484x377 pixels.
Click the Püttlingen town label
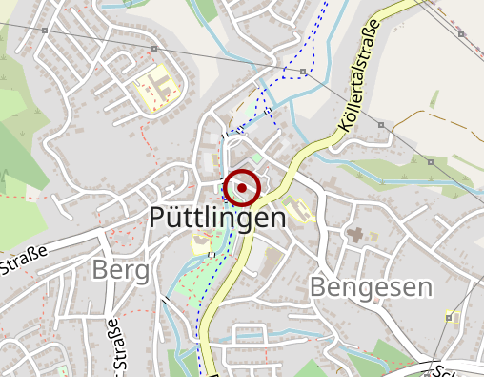[x=217, y=219]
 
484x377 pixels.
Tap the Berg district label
[x=121, y=271]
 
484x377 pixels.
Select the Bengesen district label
[x=372, y=287]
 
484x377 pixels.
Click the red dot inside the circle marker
[x=243, y=188]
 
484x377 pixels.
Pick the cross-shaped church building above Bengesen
[x=354, y=233]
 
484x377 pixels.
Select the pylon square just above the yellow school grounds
[x=153, y=49]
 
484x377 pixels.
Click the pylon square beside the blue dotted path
[x=302, y=72]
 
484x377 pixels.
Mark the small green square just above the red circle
[x=255, y=156]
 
